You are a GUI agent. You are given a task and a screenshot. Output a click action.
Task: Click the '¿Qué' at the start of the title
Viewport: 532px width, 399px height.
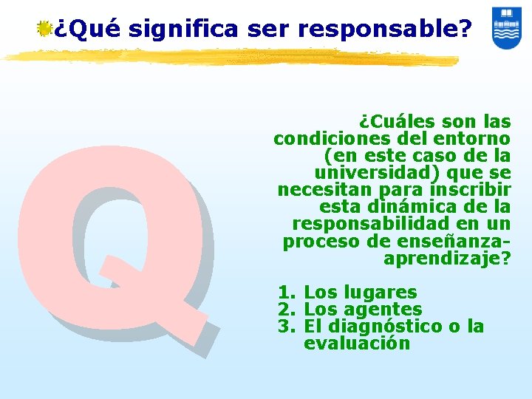pyautogui.click(x=88, y=29)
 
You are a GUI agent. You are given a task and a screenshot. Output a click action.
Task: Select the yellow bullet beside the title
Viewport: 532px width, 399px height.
pyautogui.click(x=45, y=29)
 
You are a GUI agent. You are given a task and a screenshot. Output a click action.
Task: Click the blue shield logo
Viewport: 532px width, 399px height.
pyautogui.click(x=506, y=28)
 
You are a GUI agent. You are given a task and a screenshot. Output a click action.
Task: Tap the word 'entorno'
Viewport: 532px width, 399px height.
pyautogui.click(x=474, y=138)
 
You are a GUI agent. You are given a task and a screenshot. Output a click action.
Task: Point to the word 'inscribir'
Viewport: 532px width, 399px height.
pyautogui.click(x=471, y=189)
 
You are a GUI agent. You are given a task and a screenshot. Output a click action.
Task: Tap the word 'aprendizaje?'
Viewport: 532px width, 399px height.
pyautogui.click(x=447, y=258)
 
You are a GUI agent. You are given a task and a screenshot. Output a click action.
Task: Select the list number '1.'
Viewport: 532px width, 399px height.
pyautogui.click(x=287, y=293)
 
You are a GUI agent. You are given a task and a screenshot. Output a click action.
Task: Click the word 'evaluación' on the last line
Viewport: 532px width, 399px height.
pyautogui.click(x=356, y=344)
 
